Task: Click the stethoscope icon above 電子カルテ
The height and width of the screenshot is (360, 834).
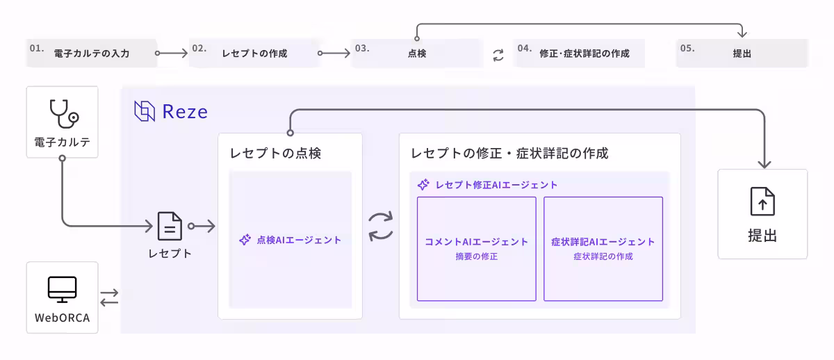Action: point(62,113)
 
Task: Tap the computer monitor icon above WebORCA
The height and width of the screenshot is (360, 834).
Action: point(62,288)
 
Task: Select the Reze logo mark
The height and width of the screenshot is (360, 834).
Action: point(145,111)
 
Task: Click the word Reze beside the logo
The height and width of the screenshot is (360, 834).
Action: point(185,112)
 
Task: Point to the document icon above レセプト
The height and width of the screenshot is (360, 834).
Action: point(170,227)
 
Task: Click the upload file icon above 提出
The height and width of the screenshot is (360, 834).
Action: point(762,202)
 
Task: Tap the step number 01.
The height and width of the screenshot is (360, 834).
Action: point(37,49)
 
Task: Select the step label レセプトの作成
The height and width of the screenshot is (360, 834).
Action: point(254,53)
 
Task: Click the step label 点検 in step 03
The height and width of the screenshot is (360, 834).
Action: point(417,53)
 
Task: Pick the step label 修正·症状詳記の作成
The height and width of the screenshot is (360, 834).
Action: point(584,53)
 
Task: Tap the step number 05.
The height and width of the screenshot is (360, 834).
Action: point(687,49)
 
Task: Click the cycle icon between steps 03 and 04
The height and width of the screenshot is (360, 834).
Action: point(498,54)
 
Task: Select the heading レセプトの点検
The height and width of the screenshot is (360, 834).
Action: point(275,154)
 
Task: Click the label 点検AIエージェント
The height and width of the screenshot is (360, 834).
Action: point(299,240)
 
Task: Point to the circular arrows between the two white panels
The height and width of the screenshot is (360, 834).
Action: point(381,226)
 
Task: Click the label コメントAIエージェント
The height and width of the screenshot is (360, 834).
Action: point(476,242)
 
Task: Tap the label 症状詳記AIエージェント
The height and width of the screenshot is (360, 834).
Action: point(603,242)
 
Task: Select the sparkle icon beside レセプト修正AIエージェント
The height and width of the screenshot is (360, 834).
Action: point(423,185)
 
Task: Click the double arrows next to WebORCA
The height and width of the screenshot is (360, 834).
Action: point(110,297)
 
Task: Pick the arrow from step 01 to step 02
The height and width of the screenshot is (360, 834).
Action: point(172,53)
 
